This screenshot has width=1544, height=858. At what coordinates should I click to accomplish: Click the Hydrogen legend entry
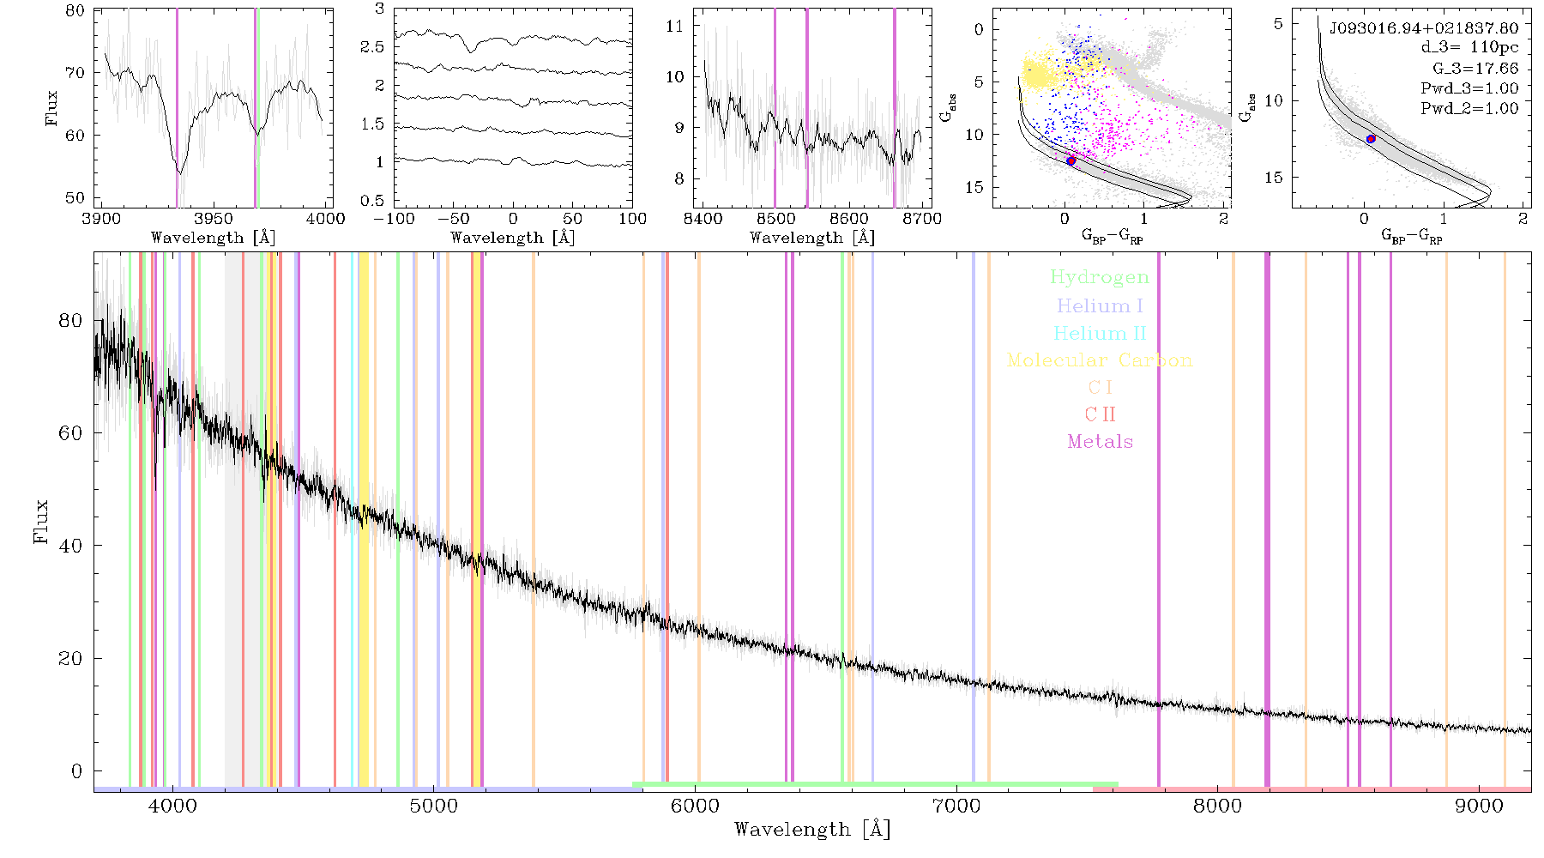tap(1099, 278)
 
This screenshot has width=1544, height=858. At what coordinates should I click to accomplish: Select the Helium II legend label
tap(1100, 334)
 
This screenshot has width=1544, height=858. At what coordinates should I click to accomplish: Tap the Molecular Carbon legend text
tap(1100, 360)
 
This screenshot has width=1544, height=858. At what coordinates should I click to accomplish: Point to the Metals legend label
tap(1100, 442)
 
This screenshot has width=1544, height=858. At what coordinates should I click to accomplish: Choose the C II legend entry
tap(1100, 414)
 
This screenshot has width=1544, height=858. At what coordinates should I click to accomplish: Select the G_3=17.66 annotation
tap(1475, 68)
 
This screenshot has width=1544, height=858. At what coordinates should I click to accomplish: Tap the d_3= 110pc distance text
tap(1469, 47)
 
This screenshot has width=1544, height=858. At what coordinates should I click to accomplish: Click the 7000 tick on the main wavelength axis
tap(956, 807)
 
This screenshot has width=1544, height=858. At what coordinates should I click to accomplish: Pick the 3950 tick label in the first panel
tap(213, 219)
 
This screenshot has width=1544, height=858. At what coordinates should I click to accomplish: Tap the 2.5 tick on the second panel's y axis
tap(372, 47)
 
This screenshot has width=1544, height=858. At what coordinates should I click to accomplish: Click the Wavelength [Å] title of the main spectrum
tap(811, 830)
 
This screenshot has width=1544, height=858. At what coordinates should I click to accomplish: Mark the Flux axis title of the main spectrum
tap(40, 522)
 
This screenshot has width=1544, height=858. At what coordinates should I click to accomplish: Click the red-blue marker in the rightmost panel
tap(1371, 139)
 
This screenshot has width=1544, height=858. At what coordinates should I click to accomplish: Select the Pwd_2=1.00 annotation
tap(1469, 109)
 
